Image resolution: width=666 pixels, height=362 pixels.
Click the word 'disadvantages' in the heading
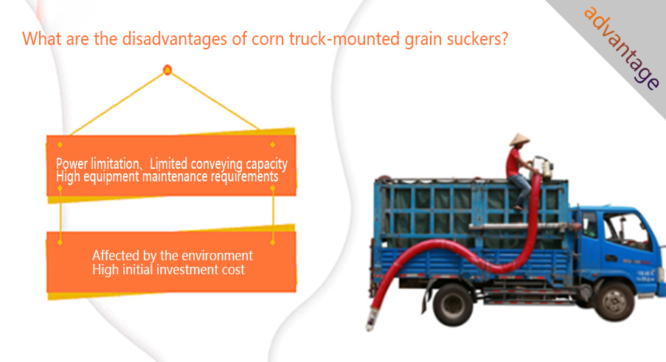click(x=175, y=39)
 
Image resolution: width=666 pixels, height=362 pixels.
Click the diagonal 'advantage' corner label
click(x=621, y=47)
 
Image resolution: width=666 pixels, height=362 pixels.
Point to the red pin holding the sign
click(x=167, y=70)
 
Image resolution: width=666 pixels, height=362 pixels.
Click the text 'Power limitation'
click(x=97, y=164)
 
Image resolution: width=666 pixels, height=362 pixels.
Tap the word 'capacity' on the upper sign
click(x=267, y=164)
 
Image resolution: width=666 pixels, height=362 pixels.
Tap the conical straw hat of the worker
click(x=519, y=139)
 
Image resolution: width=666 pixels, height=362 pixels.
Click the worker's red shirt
click(x=513, y=162)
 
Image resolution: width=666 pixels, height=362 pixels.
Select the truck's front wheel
click(x=614, y=302)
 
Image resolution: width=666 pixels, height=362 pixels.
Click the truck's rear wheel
click(x=453, y=304)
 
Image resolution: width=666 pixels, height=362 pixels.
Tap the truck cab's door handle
click(x=611, y=258)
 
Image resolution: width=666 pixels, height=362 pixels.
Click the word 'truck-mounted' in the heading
click(x=344, y=39)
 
